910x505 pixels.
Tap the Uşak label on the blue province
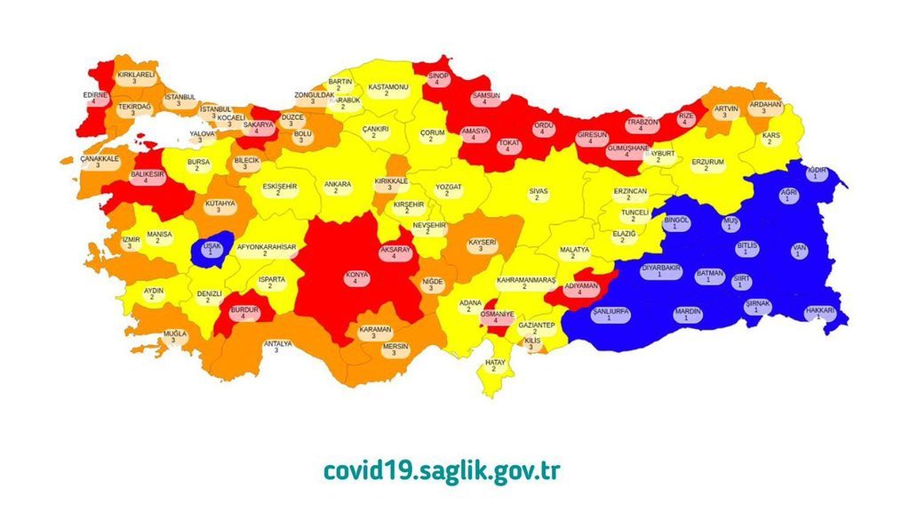click(x=212, y=248)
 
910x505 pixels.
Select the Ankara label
click(x=337, y=188)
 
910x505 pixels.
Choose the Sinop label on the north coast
click(x=437, y=79)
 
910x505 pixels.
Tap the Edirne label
click(x=95, y=97)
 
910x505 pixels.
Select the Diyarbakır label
click(x=659, y=269)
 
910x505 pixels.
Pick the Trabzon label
click(x=641, y=124)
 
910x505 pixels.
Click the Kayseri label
click(x=482, y=244)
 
